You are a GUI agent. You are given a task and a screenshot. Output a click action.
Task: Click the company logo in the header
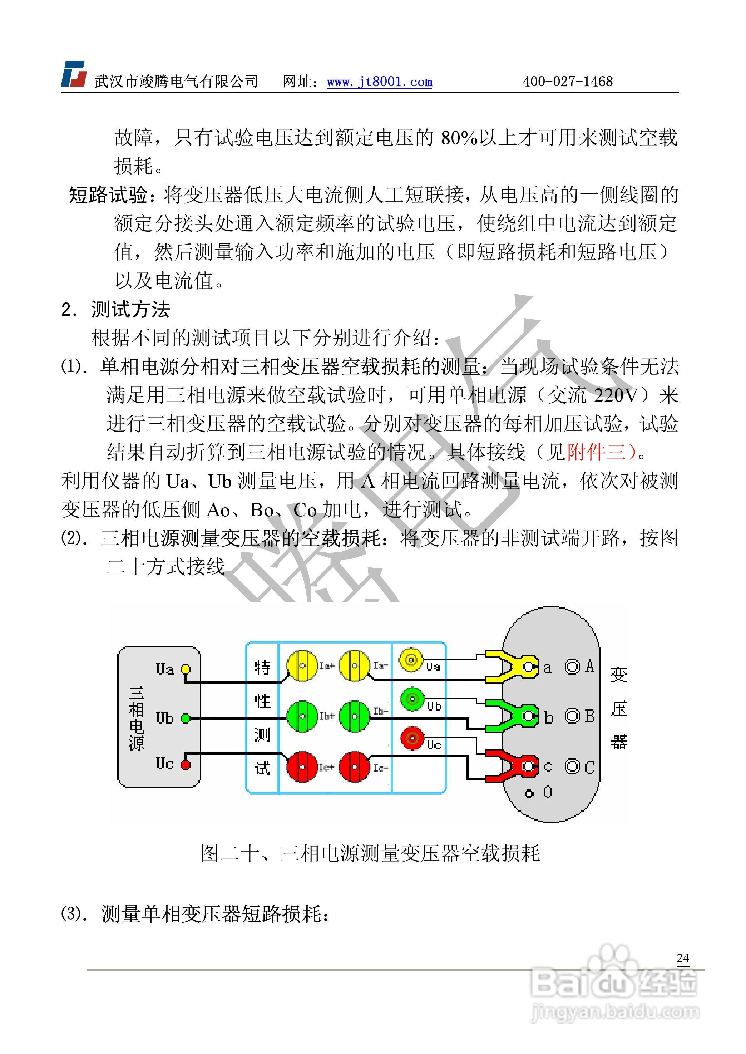coord(74,74)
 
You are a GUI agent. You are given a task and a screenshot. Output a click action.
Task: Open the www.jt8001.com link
coord(379,82)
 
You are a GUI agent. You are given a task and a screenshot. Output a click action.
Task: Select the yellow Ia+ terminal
coord(302,665)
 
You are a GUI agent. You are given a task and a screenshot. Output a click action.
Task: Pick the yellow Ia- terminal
coord(354,665)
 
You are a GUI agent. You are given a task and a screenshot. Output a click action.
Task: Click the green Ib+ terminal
coord(302,716)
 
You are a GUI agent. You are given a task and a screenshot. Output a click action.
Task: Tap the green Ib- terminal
coord(354,716)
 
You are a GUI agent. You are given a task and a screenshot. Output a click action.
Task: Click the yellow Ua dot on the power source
coord(185,669)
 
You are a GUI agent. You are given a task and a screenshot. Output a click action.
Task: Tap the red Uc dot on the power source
coord(185,764)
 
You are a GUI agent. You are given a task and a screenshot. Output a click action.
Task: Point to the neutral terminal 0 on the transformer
coord(529,793)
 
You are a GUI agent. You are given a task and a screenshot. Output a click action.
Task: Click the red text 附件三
coord(597,453)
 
